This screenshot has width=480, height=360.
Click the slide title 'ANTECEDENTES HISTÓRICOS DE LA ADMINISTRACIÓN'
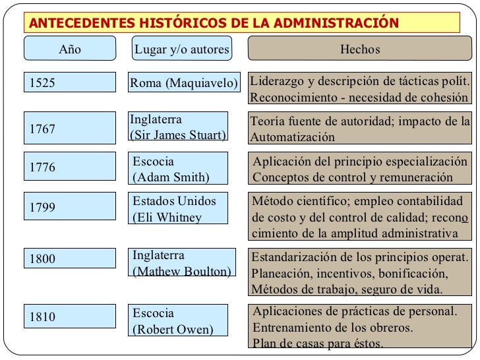coord(215,23)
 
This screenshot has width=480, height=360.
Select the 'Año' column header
coord(70,49)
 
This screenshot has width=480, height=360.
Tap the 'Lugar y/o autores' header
coord(181,49)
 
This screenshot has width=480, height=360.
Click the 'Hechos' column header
coord(359,49)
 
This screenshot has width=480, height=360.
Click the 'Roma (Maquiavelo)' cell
coord(183,84)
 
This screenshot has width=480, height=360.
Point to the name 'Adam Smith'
coord(171,177)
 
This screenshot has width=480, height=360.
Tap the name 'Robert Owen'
coord(173,328)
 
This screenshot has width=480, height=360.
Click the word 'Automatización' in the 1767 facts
coord(293,138)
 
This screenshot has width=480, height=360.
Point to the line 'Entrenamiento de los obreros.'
coord(333,328)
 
